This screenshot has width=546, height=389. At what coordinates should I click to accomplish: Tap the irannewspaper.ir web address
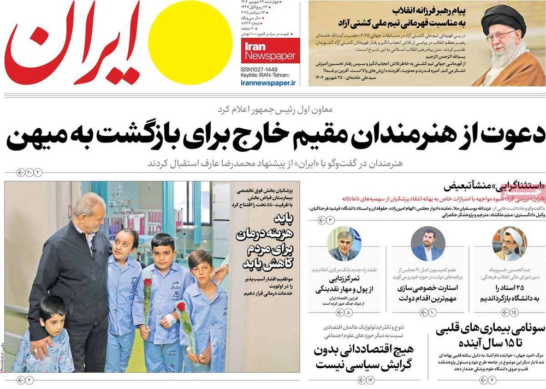click(x=268, y=82)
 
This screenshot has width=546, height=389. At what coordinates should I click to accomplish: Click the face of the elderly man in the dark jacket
click(x=91, y=215)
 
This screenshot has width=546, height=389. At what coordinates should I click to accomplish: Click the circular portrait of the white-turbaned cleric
click(x=509, y=244)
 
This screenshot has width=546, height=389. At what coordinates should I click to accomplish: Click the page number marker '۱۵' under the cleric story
click(x=513, y=312)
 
